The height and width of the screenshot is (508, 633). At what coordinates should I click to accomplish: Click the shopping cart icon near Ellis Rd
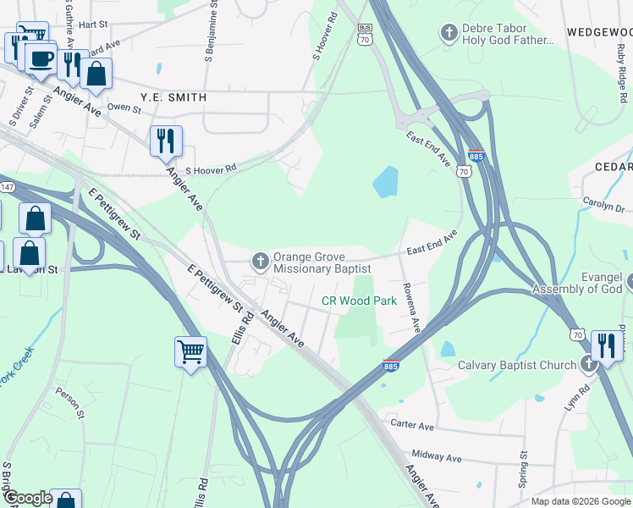pyautogui.click(x=191, y=351)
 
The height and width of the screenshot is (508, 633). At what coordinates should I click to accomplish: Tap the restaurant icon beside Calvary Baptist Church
pyautogui.click(x=606, y=345)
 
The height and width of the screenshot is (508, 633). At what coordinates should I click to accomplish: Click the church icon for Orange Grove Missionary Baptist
pyautogui.click(x=260, y=260)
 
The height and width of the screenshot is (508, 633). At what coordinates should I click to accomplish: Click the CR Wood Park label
pyautogui.click(x=359, y=301)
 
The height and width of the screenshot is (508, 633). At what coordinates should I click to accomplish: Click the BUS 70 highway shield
pyautogui.click(x=366, y=33)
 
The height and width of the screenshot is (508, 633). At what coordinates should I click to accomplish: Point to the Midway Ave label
pyautogui.click(x=436, y=457)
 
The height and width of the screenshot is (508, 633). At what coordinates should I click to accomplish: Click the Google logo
pyautogui.click(x=28, y=497)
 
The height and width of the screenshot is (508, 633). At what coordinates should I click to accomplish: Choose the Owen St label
pyautogui.click(x=124, y=108)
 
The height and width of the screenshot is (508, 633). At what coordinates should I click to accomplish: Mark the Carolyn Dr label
pyautogui.click(x=603, y=205)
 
